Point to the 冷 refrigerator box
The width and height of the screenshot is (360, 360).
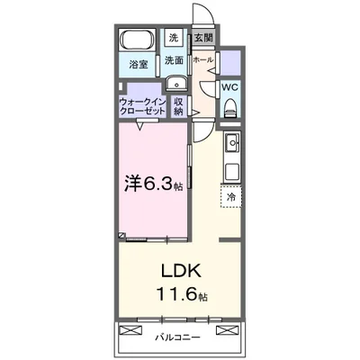230,197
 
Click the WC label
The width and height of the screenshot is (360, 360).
229,87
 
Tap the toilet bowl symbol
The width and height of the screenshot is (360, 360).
229,108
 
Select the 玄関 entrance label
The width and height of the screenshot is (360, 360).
202,39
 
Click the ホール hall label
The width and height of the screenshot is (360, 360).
203,60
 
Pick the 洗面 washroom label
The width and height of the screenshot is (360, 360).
174,61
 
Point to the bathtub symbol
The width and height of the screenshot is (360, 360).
138,41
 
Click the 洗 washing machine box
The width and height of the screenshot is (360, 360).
174,38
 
